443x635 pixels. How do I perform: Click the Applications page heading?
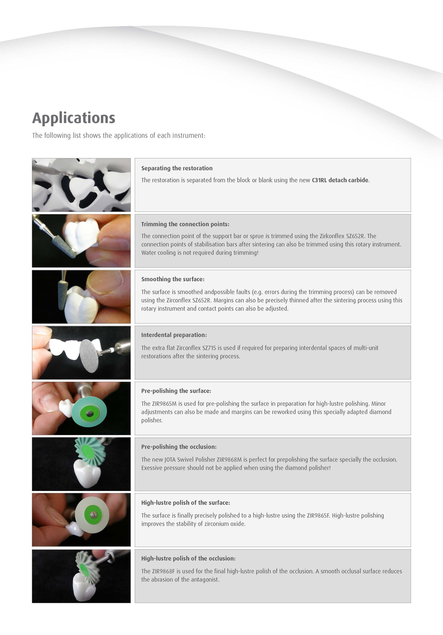[74, 118]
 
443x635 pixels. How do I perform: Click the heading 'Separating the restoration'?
[177, 168]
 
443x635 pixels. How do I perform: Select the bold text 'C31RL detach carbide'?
[340, 180]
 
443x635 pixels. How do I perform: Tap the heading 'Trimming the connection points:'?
[185, 224]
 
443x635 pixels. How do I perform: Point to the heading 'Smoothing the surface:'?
[173, 279]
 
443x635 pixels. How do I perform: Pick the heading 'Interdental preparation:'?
[174, 335]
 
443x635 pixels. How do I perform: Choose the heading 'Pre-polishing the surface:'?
[176, 391]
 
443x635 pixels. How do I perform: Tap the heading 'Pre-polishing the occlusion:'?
[179, 447]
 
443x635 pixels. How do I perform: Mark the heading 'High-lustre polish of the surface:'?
[185, 503]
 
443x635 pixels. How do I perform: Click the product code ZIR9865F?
[318, 516]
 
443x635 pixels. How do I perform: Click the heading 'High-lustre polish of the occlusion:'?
[188, 558]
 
